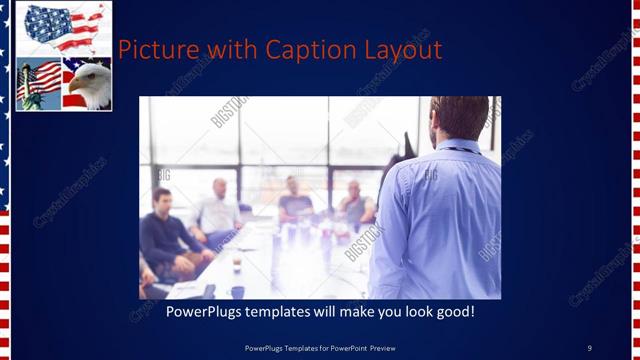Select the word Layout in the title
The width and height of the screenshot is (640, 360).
pos(405,50)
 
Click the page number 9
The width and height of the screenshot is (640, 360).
pos(589,347)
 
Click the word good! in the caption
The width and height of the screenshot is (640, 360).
pos(453,312)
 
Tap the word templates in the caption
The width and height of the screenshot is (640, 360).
pos(291,312)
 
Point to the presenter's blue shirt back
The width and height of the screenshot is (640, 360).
pos(440,220)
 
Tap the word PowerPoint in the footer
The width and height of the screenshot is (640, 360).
pos(354,347)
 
